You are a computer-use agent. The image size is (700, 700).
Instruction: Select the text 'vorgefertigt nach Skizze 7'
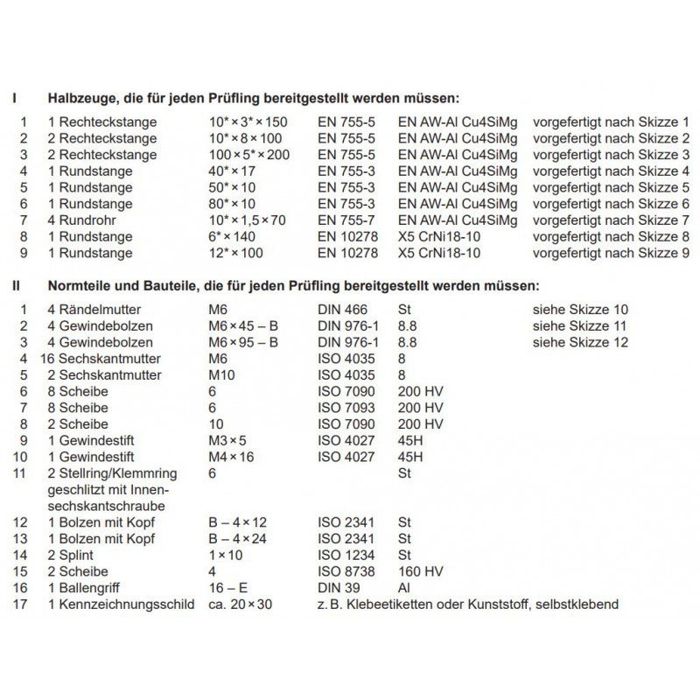click(x=612, y=220)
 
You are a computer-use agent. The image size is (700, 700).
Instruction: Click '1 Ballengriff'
click(x=85, y=588)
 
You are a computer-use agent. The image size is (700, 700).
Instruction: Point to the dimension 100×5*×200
click(x=248, y=155)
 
